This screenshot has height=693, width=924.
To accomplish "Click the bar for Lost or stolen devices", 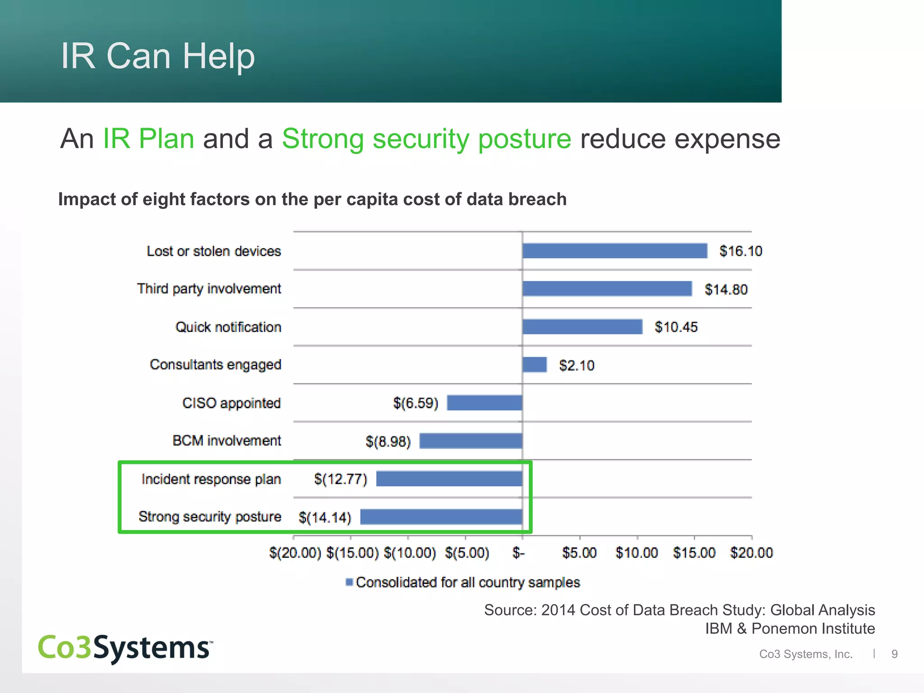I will (614, 251).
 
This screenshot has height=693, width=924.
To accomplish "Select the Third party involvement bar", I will (607, 289).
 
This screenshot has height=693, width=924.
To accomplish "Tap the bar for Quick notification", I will (582, 327).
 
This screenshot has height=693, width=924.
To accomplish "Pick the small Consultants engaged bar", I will (535, 365).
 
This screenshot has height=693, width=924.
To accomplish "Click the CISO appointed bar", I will (485, 403).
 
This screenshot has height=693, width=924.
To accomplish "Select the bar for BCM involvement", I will (471, 441).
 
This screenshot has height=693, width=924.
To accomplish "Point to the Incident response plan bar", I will (449, 479).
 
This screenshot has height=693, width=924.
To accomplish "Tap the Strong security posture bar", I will (441, 517).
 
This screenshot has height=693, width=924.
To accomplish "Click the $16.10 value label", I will (740, 251).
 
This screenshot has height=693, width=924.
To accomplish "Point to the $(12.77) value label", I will (341, 479).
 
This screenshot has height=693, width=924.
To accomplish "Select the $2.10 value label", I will (577, 365).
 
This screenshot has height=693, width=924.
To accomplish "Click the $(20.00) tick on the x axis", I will (295, 553).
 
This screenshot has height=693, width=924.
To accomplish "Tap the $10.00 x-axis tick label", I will (637, 553).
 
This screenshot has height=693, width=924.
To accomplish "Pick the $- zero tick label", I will (519, 553).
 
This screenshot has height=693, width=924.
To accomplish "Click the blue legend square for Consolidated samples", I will (349, 582).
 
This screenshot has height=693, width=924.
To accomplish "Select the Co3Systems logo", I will (125, 648).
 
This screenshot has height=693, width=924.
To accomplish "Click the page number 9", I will (894, 654).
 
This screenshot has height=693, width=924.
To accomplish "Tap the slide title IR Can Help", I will (158, 56).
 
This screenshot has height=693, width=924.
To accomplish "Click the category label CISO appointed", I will (231, 403).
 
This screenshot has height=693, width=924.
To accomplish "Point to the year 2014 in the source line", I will (559, 610).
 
